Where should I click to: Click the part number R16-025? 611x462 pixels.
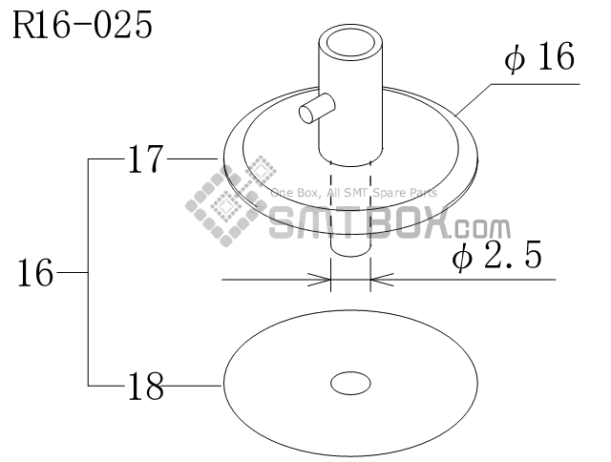pyautogui.click(x=82, y=25)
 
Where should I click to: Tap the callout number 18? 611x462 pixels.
pyautogui.click(x=145, y=387)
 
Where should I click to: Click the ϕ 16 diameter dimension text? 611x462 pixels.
pyautogui.click(x=539, y=60)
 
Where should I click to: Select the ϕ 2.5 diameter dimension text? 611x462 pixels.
pyautogui.click(x=495, y=257)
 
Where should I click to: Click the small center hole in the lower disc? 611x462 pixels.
pyautogui.click(x=350, y=384)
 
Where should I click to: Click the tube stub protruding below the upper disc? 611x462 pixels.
pyautogui.click(x=349, y=244)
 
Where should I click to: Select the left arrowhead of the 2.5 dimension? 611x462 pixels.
pyautogui.click(x=321, y=280)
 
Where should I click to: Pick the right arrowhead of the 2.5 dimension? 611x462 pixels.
pyautogui.click(x=380, y=280)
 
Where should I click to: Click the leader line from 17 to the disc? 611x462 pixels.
pyautogui.click(x=196, y=158)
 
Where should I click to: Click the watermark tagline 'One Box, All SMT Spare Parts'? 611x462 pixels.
pyautogui.click(x=354, y=193)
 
